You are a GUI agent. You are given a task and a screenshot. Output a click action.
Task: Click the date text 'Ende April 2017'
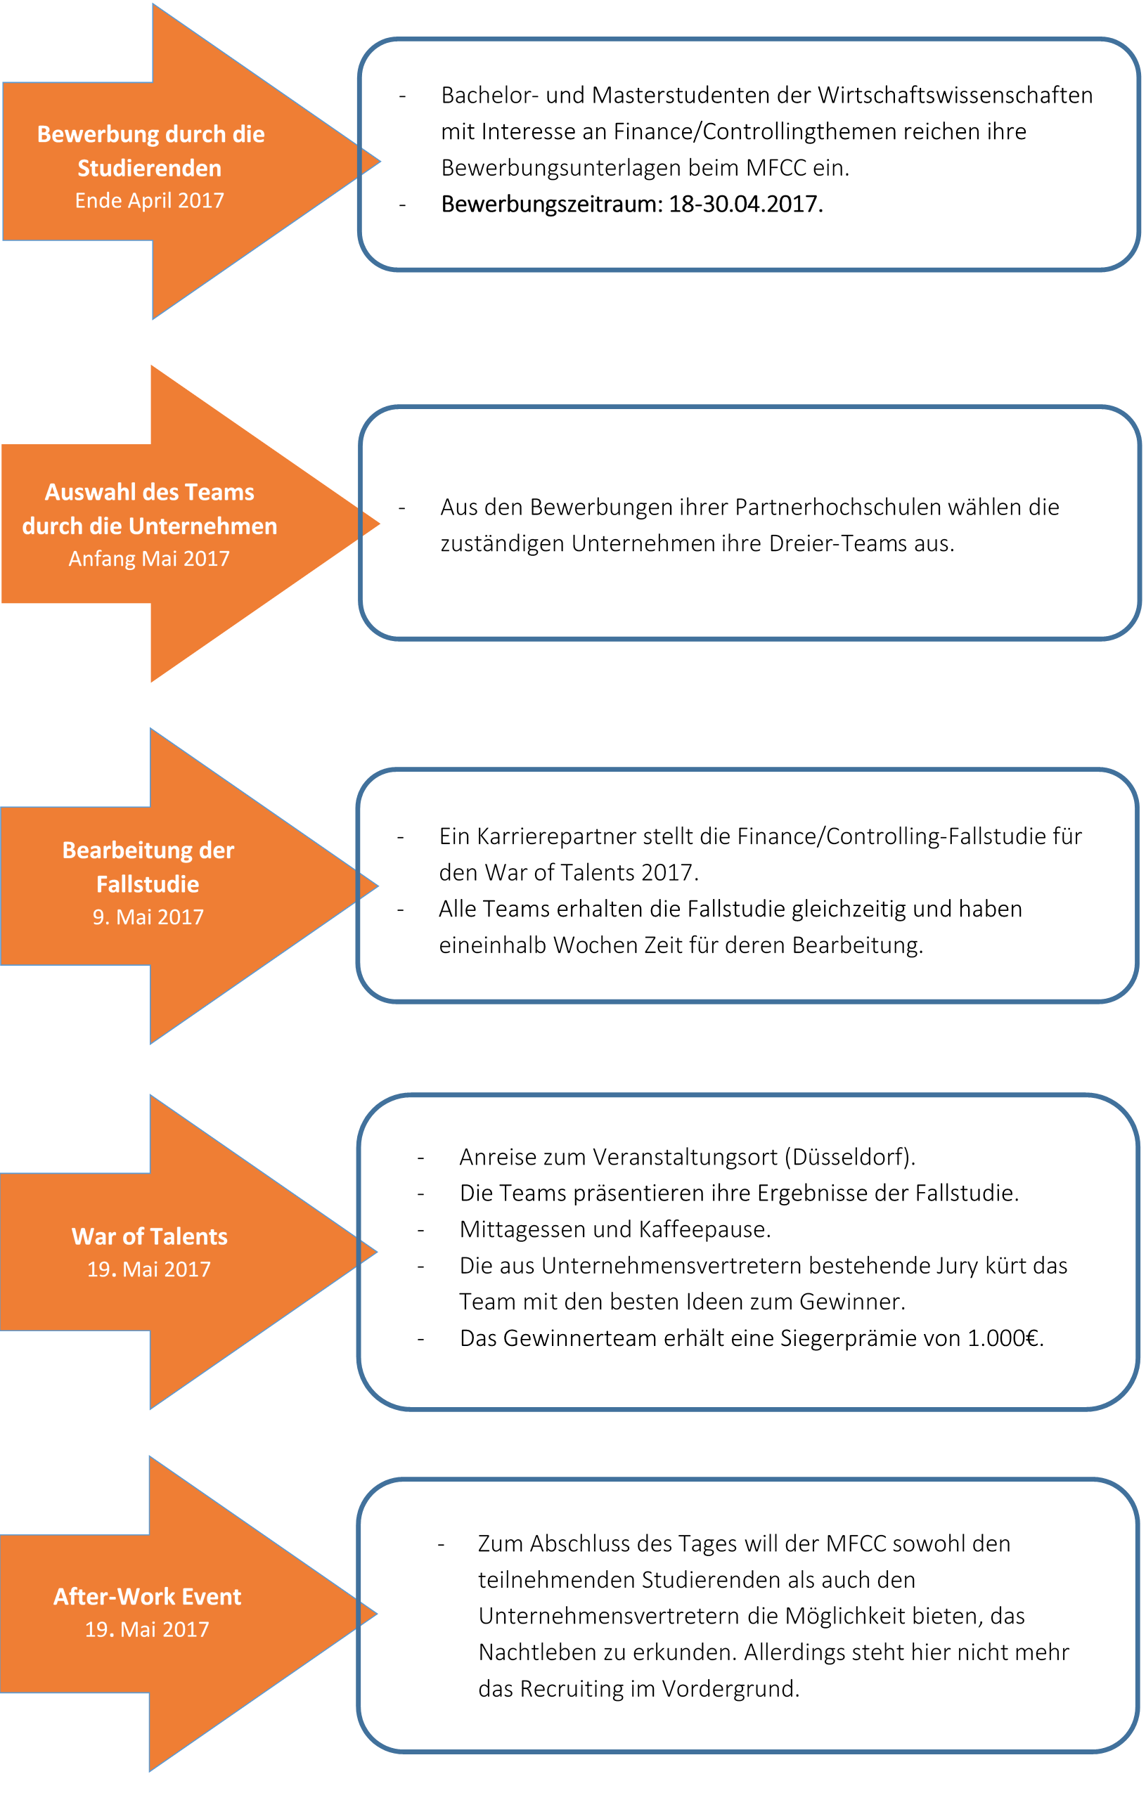coord(150,200)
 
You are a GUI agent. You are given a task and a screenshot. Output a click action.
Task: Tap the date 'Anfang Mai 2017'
coord(149,559)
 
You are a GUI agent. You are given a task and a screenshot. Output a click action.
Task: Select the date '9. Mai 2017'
coord(148,917)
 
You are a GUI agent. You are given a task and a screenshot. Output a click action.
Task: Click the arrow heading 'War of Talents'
coord(150,1237)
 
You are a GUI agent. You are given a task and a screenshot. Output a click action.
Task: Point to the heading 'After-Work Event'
coord(148,1596)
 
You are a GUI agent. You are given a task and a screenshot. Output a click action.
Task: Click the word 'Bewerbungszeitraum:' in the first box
coord(552,204)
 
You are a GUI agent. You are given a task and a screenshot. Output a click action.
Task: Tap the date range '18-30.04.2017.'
coord(746,204)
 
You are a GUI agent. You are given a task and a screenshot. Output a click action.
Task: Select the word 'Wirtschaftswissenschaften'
coord(955,96)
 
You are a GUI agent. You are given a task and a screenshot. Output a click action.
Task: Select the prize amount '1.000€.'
coord(1005,1338)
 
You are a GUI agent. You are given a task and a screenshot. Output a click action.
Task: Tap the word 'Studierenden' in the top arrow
coord(150,168)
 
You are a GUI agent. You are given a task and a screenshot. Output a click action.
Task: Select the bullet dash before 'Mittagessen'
coord(420,1230)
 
